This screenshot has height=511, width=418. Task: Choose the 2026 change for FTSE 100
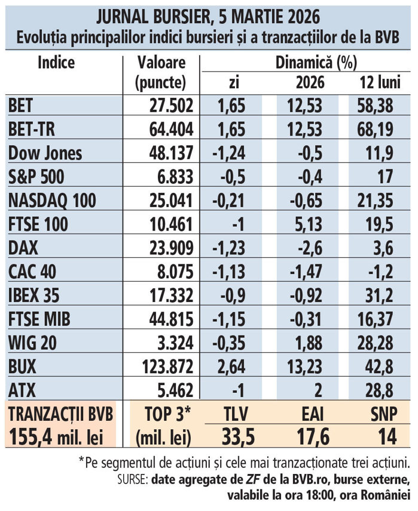[x=309, y=224]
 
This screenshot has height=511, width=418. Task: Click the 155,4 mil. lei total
[x=59, y=436]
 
